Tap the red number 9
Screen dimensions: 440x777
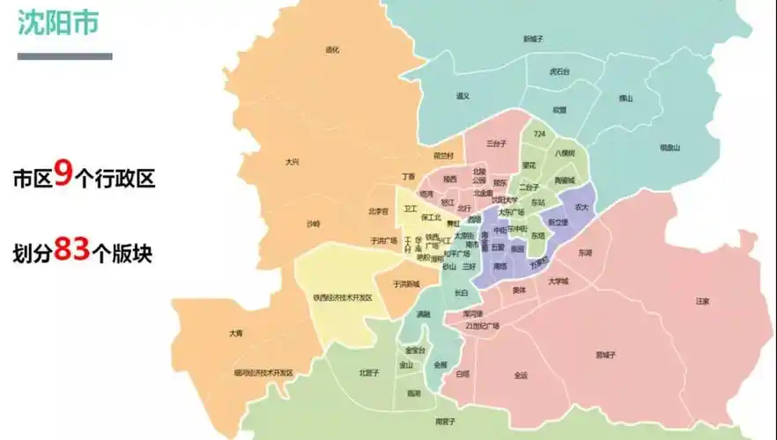pos(63,176)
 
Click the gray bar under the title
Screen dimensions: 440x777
pos(65,56)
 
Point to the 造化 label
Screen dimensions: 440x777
pos(332,50)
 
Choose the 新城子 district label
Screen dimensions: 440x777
pos(534,39)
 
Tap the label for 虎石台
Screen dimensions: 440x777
pos(559,71)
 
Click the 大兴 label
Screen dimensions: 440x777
pos(292,162)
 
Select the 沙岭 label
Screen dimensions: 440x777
pos(314,224)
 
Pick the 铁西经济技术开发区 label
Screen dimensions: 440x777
pos(343,298)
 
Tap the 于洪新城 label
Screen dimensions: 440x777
pos(406,283)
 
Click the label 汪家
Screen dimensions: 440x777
pos(702,301)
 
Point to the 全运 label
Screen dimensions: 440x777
pos(521,376)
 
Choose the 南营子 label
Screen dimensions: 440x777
pos(446,422)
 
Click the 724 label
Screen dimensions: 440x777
pos(540,134)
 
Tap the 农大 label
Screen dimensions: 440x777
pos(581,208)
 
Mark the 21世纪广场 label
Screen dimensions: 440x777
pos(482,326)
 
